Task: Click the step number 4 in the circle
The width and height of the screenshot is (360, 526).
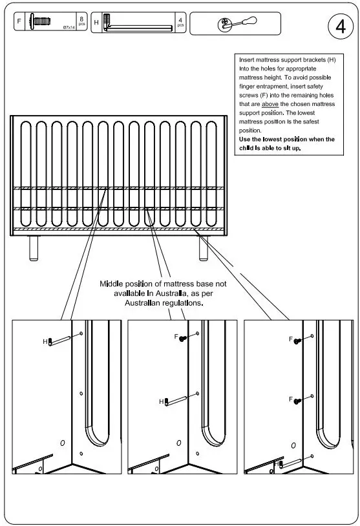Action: (x=340, y=27)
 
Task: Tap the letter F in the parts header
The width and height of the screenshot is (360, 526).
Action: (x=18, y=22)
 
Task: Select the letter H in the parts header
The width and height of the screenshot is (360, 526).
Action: (x=96, y=22)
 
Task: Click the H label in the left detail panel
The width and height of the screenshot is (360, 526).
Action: (x=45, y=341)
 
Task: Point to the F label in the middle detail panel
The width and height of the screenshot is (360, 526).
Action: (x=176, y=337)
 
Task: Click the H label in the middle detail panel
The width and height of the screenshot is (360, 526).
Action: (x=162, y=401)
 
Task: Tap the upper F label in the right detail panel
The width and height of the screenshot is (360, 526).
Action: (x=291, y=339)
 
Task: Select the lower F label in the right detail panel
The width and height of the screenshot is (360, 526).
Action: (x=291, y=399)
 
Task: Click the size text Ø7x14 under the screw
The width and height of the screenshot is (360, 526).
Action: (x=69, y=27)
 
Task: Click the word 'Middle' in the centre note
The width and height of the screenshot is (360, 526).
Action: (x=113, y=284)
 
